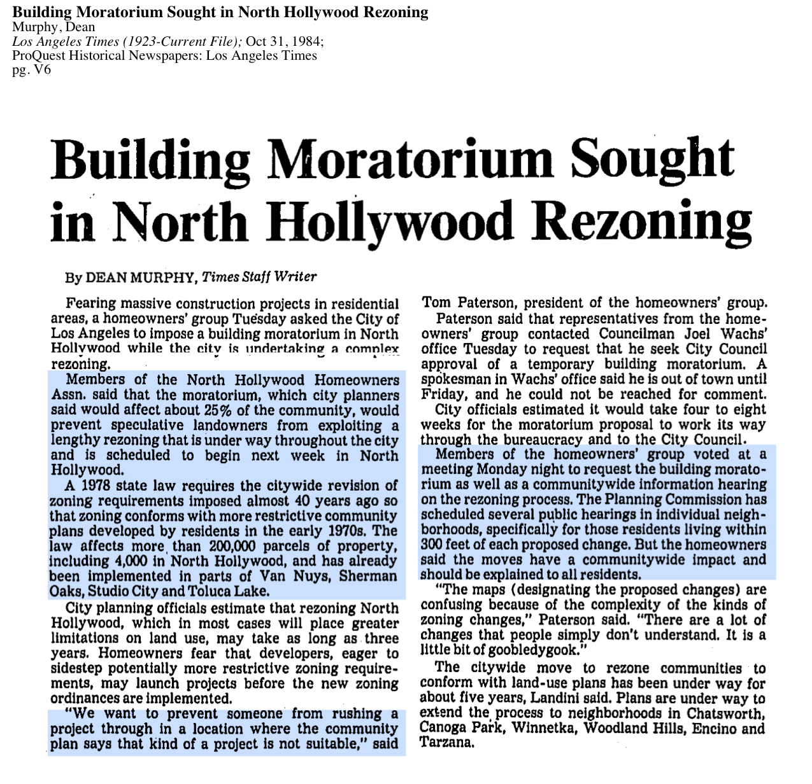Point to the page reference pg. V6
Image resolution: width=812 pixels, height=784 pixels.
coord(31,69)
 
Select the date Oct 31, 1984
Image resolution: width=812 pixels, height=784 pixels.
coord(284,41)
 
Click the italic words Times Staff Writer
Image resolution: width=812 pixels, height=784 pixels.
coord(259,277)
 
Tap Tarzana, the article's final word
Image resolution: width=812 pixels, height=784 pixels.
coord(446,743)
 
